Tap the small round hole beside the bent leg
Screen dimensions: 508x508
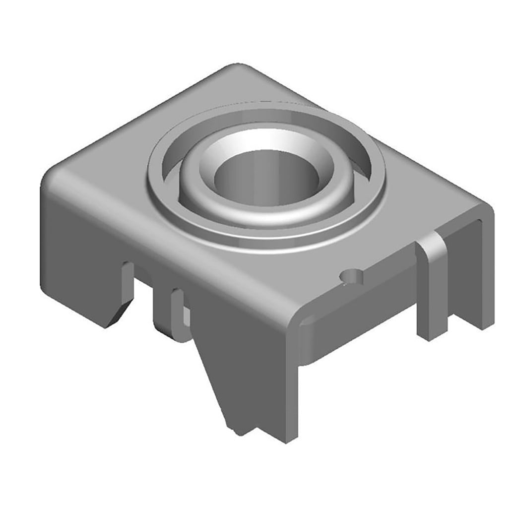pos(351,277)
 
